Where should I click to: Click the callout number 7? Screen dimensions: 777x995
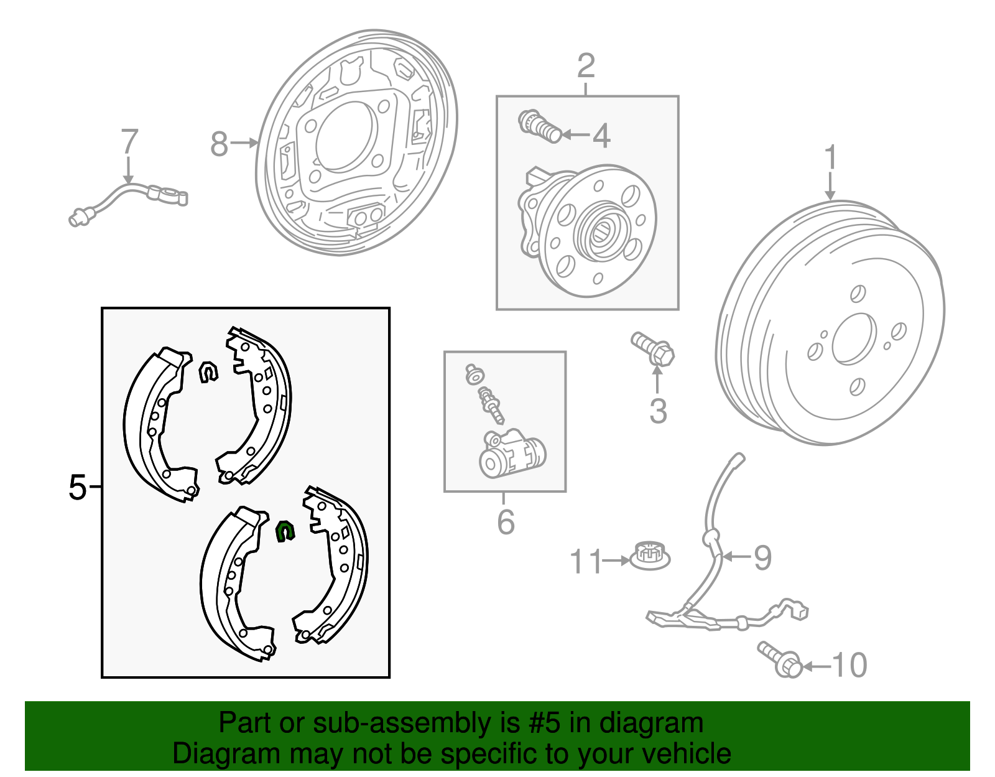(x=129, y=142)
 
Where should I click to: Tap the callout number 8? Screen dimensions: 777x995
(x=219, y=144)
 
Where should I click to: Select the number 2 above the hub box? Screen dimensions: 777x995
(x=586, y=66)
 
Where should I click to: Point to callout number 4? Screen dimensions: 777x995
(x=601, y=136)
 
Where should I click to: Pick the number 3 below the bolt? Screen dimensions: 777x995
(x=658, y=411)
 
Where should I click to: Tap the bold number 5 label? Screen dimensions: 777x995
(x=77, y=487)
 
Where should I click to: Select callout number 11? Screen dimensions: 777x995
(x=586, y=561)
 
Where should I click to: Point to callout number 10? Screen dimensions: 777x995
(x=849, y=666)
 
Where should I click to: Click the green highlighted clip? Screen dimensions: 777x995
(x=285, y=531)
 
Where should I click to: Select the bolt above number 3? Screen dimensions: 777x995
(x=653, y=349)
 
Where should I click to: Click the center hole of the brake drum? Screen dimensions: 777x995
(x=853, y=339)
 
